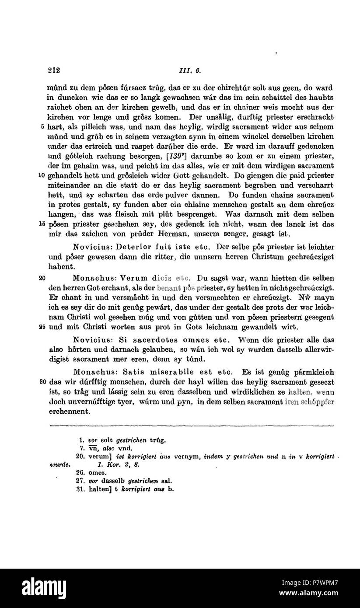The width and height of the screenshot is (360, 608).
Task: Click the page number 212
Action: (54, 70)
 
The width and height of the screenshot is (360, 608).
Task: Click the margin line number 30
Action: (42, 381)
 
